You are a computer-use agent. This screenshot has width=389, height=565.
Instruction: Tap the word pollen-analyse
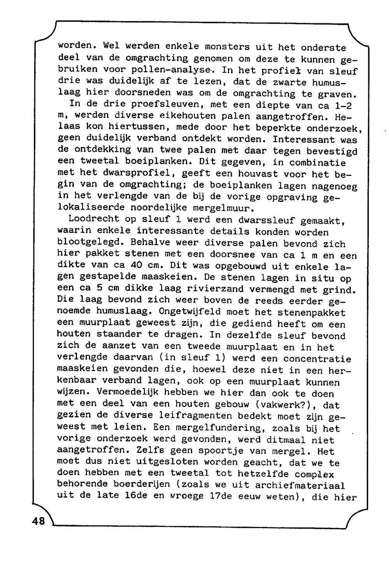tap(173, 71)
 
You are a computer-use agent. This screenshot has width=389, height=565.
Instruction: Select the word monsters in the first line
tap(227, 47)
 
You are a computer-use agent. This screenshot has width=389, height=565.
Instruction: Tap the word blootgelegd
tap(91, 242)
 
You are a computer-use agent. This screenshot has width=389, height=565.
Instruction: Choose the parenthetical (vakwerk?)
tap(286, 405)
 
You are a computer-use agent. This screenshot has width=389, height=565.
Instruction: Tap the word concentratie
tap(317, 359)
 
